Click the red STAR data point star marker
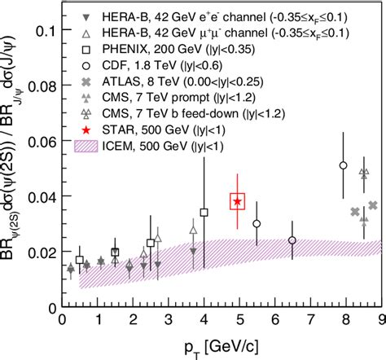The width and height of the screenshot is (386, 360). (237, 201)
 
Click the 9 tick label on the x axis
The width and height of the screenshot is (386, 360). (380, 321)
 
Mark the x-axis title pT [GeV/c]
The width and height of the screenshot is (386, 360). (222, 345)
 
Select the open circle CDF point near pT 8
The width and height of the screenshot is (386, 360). (343, 165)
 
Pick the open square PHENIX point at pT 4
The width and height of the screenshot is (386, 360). (204, 213)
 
